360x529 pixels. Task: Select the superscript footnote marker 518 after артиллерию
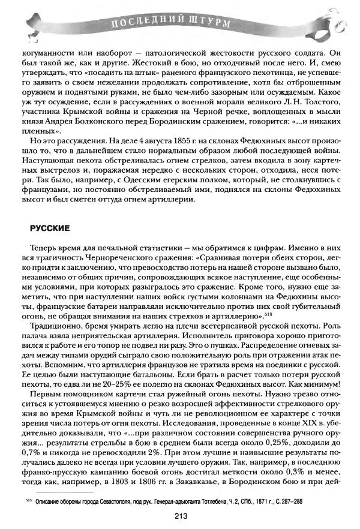[268, 314]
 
